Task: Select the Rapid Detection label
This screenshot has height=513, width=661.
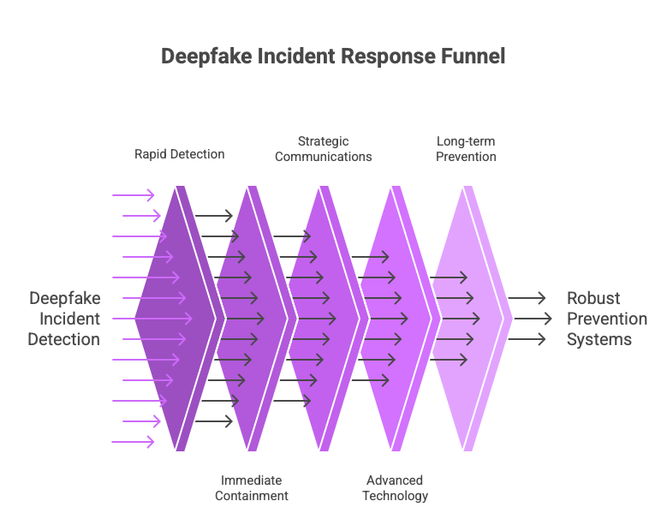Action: (x=180, y=154)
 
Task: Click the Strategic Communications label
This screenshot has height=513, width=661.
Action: (x=324, y=149)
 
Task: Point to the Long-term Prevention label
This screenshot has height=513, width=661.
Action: (x=466, y=149)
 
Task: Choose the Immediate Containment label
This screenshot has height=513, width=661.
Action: (x=251, y=487)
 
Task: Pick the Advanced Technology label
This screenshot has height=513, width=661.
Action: (x=395, y=487)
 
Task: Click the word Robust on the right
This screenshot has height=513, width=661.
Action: (x=593, y=298)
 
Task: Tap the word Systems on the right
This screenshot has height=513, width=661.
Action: (x=599, y=339)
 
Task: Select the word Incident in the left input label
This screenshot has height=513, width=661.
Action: (x=70, y=319)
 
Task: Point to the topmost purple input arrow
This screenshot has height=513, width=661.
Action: (x=133, y=195)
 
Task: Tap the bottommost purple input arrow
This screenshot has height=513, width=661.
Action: (x=133, y=442)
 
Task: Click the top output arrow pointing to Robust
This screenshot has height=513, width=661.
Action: (x=528, y=298)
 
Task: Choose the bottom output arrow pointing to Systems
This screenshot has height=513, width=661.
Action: (x=528, y=339)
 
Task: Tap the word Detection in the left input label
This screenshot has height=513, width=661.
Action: (x=63, y=339)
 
